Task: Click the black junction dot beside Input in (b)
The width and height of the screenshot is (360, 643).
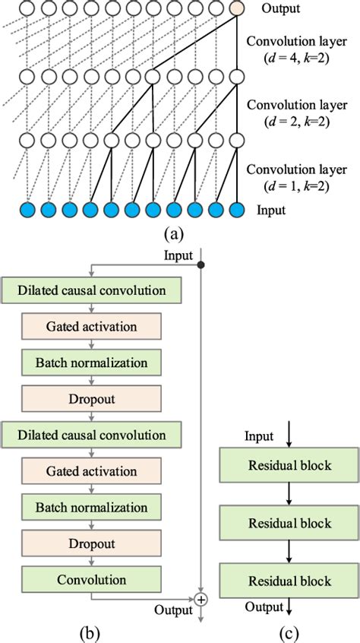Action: [201, 264]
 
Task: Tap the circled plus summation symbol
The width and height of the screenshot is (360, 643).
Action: [201, 599]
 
